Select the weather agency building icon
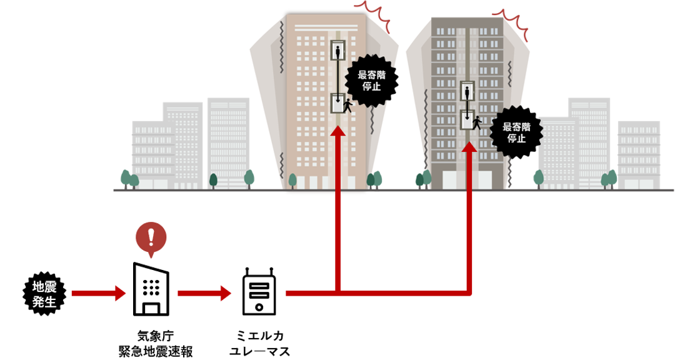tap(150, 289)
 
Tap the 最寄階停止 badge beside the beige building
tap(371, 80)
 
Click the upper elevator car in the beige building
tap(338, 51)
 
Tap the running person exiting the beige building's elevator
tap(347, 106)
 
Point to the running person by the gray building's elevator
tap(477, 122)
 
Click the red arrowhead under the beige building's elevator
tap(337, 131)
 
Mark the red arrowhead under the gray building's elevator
tap(468, 147)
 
